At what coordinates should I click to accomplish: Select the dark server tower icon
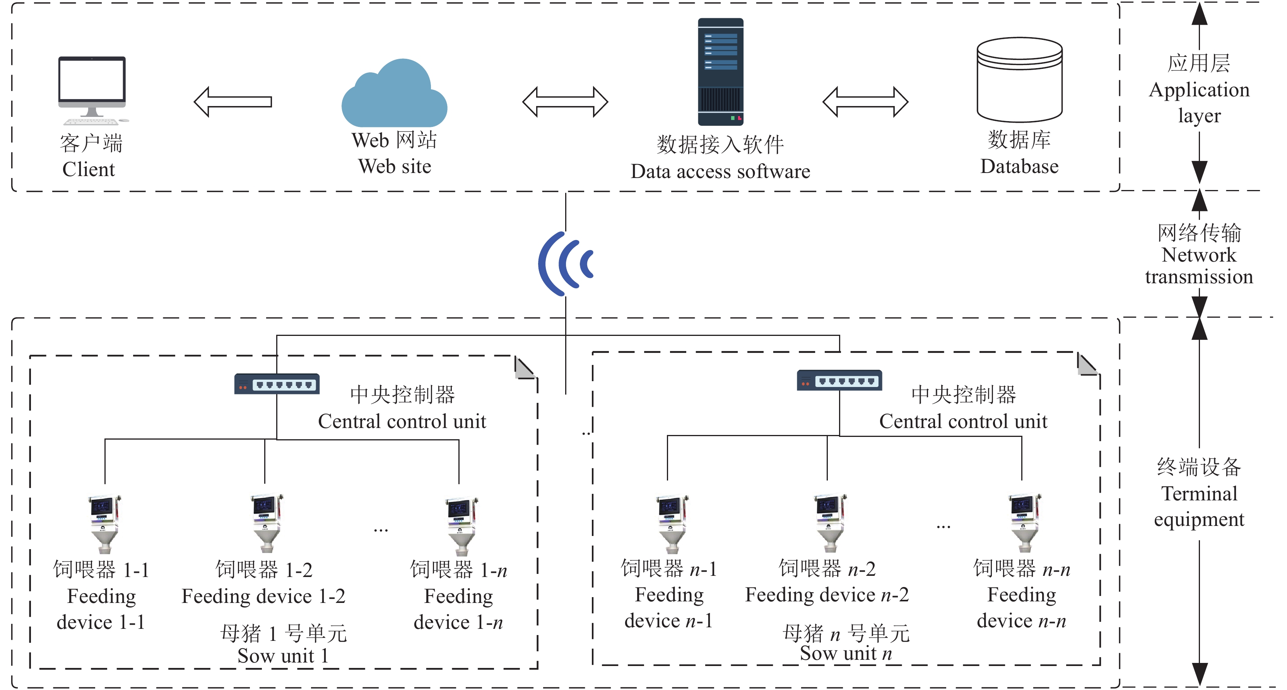(x=720, y=72)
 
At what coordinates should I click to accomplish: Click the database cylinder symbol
(x=1019, y=80)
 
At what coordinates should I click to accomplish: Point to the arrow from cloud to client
(x=233, y=102)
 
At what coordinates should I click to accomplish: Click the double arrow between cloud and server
(x=565, y=102)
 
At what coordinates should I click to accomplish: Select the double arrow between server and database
(x=865, y=102)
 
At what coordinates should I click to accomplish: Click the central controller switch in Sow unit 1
(x=277, y=384)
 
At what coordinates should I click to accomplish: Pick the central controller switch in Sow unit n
(x=839, y=380)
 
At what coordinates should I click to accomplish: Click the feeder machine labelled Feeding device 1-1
(x=104, y=523)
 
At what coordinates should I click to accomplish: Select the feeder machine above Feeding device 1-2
(x=266, y=522)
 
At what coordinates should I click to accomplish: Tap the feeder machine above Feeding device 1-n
(x=461, y=525)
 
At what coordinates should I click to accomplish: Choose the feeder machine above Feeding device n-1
(x=672, y=523)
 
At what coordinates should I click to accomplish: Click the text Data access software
(x=720, y=171)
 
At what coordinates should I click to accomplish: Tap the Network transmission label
(x=1199, y=265)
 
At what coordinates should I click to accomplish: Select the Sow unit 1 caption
(x=283, y=655)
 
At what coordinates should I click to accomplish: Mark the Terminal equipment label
(x=1199, y=506)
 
